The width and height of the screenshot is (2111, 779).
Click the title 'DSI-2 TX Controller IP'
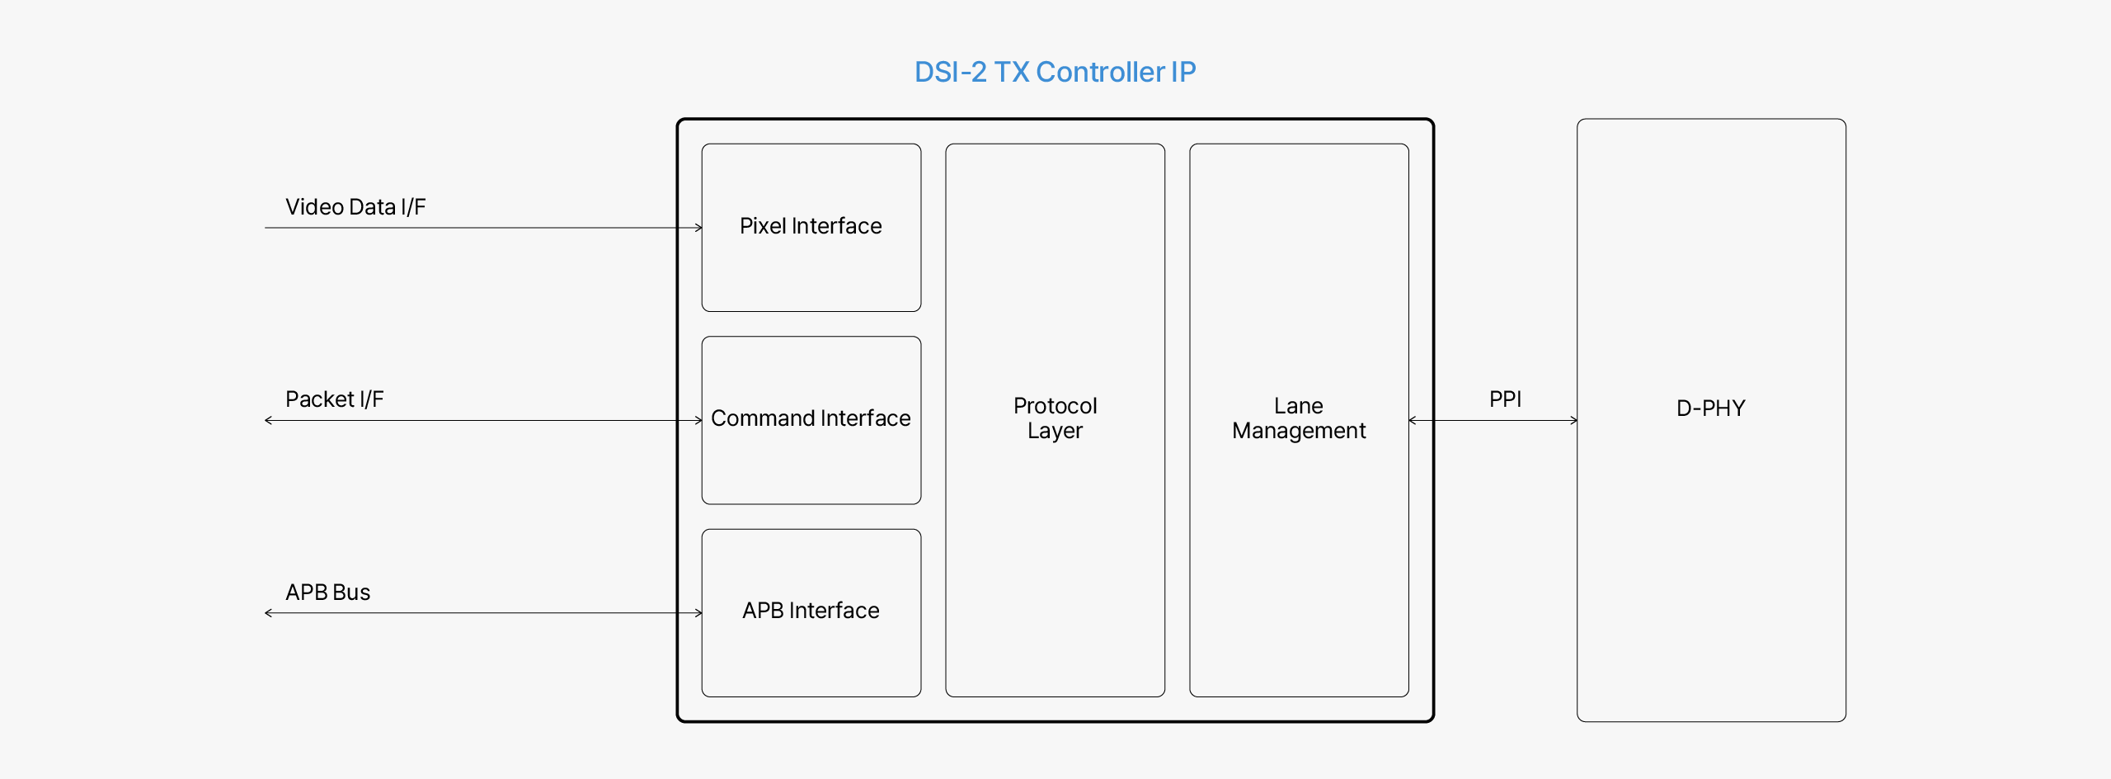[x=1055, y=73]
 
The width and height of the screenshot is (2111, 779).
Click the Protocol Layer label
[x=1055, y=418]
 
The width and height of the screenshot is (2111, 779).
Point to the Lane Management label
[x=1299, y=418]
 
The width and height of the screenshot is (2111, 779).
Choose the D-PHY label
[x=1710, y=408]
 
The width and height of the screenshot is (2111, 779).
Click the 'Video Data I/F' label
[x=355, y=207]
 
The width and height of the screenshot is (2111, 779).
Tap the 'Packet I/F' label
[x=334, y=399]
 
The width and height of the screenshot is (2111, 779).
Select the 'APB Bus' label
[x=327, y=593]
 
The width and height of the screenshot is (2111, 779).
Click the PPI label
[x=1505, y=399]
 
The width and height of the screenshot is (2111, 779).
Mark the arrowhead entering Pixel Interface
[x=698, y=228]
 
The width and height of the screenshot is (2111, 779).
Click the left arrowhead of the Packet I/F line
[x=268, y=421]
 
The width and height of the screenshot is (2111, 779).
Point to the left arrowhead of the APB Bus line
[x=268, y=613]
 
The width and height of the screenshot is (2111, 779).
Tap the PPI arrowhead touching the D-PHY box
[x=1573, y=421]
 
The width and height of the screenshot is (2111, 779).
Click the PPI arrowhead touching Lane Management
[x=1413, y=421]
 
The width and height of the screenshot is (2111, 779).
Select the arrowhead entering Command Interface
[x=698, y=421]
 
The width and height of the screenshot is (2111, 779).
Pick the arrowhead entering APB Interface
[x=698, y=613]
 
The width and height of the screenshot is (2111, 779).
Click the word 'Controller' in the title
[x=1100, y=73]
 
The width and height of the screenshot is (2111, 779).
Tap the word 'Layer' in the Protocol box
[x=1055, y=431]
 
